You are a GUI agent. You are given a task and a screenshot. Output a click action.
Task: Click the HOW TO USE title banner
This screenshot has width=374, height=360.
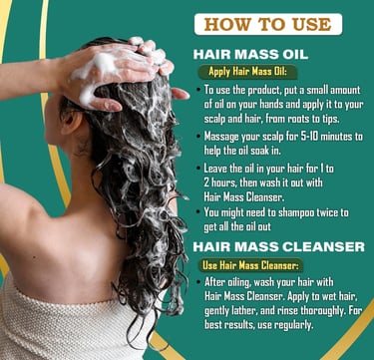pyautogui.click(x=268, y=24)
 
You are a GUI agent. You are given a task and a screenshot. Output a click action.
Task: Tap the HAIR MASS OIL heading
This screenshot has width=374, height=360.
pyautogui.click(x=250, y=55)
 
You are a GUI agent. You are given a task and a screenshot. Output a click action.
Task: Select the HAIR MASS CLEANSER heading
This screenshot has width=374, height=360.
pyautogui.click(x=278, y=247)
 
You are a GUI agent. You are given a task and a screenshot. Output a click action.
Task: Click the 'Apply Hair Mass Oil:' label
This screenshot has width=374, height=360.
pyautogui.click(x=247, y=72)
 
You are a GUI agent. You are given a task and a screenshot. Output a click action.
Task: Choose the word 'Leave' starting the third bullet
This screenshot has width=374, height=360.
pyautogui.click(x=215, y=169)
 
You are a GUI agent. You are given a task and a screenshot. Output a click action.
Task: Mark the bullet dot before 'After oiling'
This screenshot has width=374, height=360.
pyautogui.click(x=198, y=283)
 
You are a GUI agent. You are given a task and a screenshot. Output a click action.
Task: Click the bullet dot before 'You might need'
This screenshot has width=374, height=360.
pyautogui.click(x=198, y=212)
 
